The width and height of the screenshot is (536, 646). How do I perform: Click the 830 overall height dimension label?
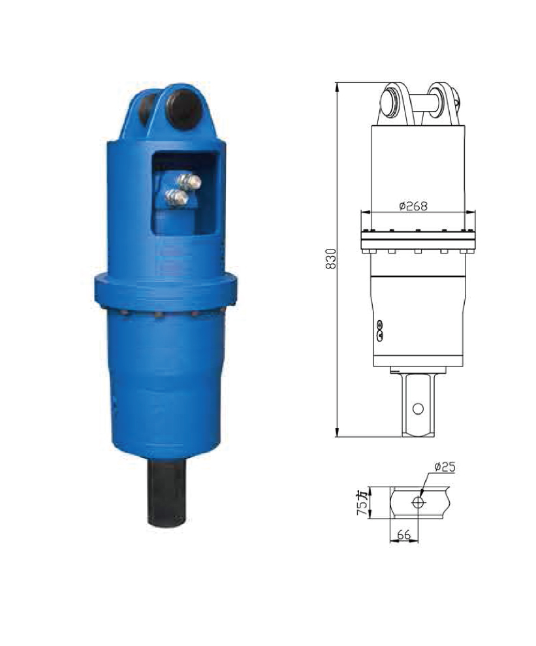coord(330,259)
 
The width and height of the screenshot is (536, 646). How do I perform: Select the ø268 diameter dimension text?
coord(413,206)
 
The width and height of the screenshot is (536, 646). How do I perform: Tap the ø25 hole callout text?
coord(445,467)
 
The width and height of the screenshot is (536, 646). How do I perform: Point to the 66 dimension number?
coord(404,535)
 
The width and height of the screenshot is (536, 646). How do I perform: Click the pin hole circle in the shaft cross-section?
coord(419,502)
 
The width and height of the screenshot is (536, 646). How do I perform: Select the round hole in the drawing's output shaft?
coord(418,408)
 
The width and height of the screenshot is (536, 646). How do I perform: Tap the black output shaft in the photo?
coord(166,493)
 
